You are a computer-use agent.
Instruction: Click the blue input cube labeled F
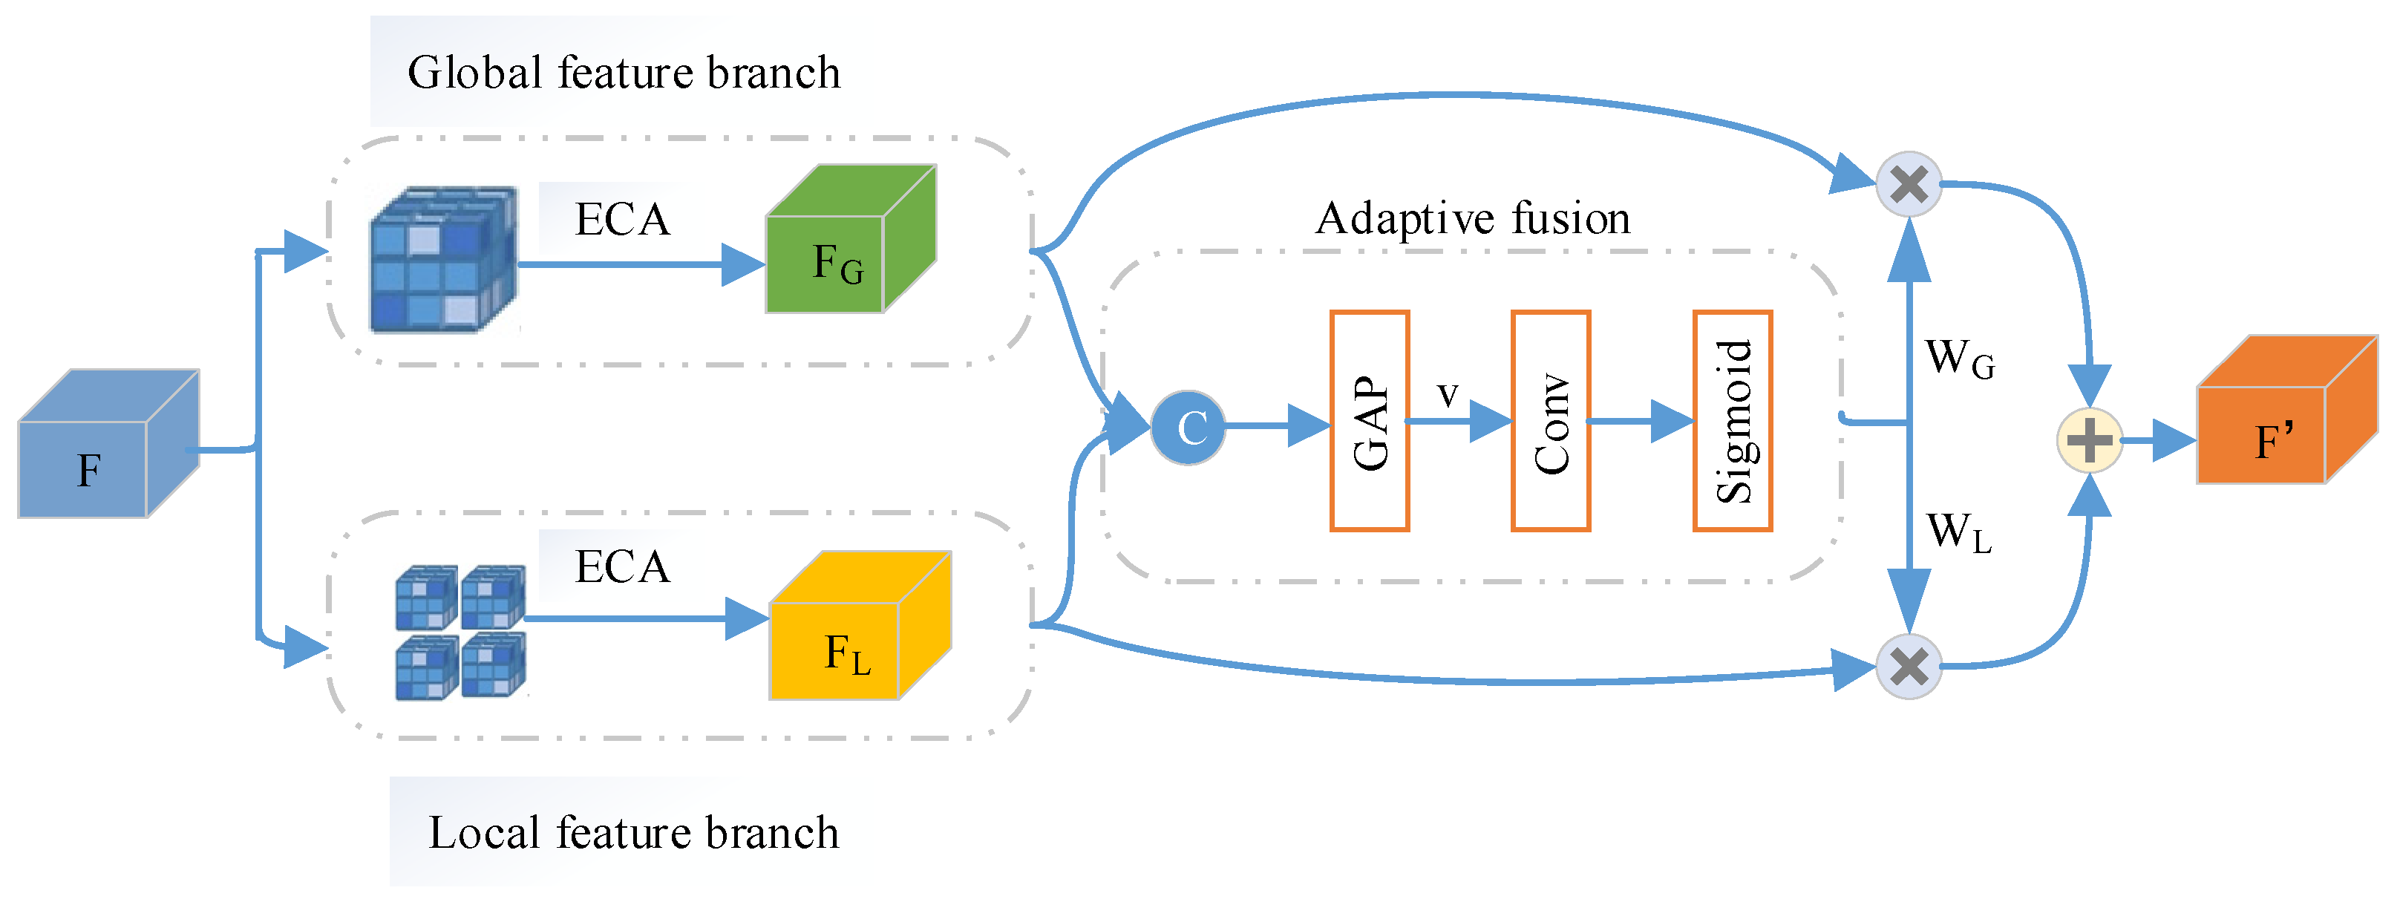[108, 443]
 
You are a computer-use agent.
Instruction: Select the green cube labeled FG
[851, 238]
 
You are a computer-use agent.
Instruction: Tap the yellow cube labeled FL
[860, 625]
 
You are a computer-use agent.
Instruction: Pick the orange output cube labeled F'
[2287, 409]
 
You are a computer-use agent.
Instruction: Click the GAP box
[1369, 421]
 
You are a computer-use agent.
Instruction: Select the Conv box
[1550, 421]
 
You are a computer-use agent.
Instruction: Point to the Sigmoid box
[1732, 421]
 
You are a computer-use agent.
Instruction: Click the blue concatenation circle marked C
[1188, 428]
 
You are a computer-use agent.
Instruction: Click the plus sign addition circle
[2090, 439]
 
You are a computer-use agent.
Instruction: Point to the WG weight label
[1961, 359]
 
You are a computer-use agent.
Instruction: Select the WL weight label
[1959, 533]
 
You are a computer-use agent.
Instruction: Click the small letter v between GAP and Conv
[1447, 394]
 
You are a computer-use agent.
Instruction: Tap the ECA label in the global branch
[622, 220]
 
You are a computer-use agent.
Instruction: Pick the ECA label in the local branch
[622, 566]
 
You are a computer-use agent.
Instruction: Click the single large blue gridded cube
[443, 260]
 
